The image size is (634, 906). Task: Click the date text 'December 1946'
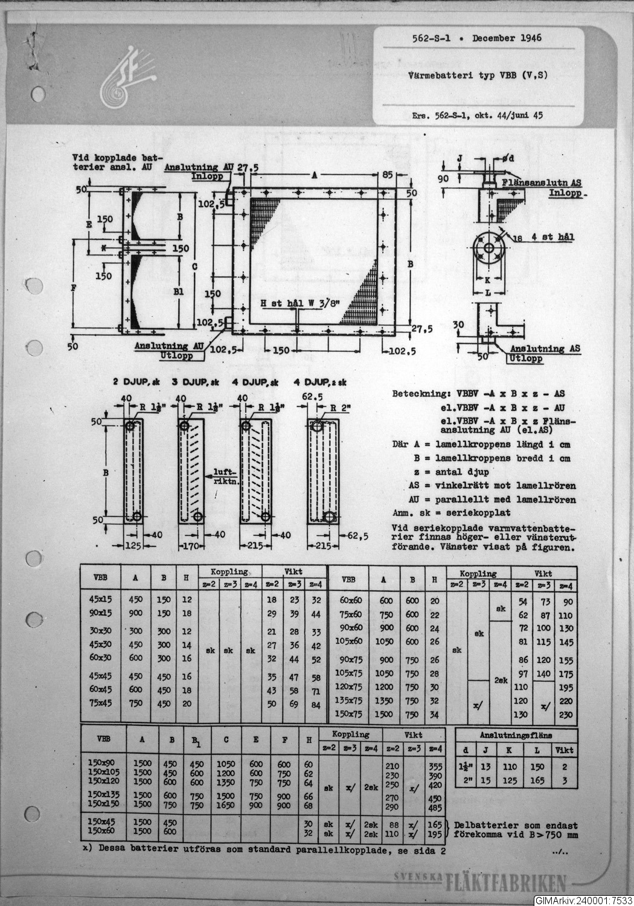click(507, 38)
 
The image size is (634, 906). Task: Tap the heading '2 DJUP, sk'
click(136, 382)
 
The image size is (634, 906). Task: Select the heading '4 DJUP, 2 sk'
click(321, 382)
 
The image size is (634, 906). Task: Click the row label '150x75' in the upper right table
click(348, 714)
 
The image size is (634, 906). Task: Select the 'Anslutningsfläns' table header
click(516, 735)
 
